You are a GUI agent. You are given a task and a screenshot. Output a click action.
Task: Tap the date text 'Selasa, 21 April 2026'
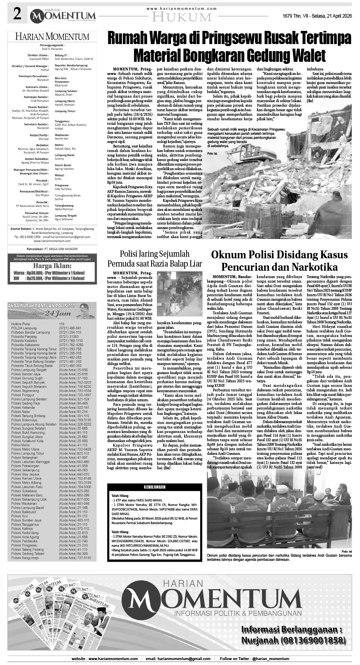[x=327, y=16]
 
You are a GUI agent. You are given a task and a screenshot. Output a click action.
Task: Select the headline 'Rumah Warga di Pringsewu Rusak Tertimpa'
[x=229, y=39]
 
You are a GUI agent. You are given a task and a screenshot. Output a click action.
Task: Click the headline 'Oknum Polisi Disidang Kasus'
[x=279, y=255]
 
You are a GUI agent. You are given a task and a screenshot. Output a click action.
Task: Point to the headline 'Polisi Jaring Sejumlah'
[x=154, y=253]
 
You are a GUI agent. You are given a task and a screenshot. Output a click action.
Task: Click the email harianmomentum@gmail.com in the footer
[x=182, y=659]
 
